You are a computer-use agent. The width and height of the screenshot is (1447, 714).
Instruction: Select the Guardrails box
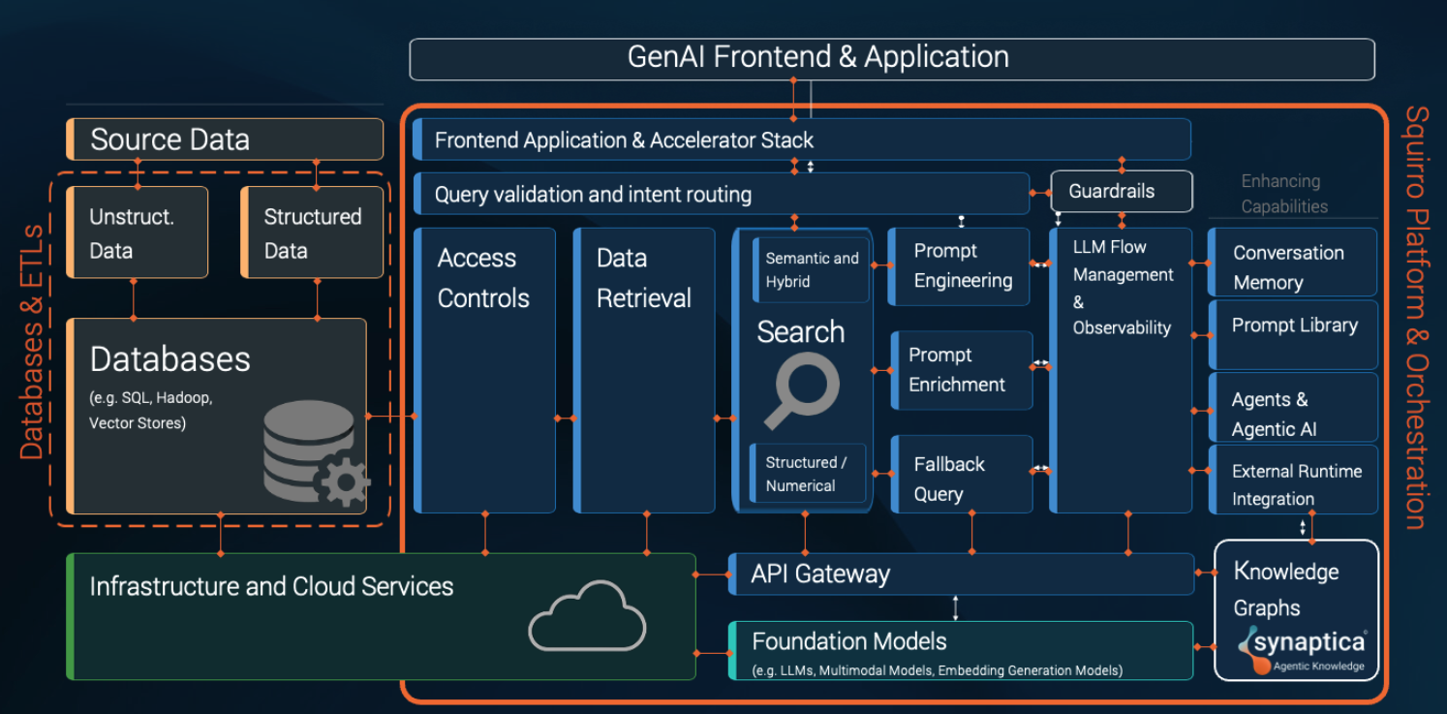click(x=1122, y=192)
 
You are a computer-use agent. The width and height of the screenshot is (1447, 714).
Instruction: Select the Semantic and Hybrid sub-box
click(x=811, y=270)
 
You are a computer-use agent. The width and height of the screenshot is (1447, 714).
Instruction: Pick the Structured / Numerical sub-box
click(x=808, y=475)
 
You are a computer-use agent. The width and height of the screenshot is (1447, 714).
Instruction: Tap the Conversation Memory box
click(x=1292, y=266)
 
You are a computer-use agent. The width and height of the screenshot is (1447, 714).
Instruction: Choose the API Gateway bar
click(x=959, y=574)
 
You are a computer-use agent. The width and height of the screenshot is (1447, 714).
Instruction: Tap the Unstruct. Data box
click(x=137, y=233)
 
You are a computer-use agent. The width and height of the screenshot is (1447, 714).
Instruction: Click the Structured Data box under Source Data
click(x=312, y=233)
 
